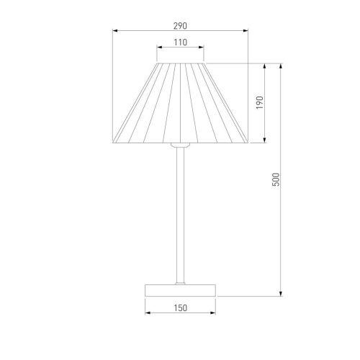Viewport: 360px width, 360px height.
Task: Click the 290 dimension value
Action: (180, 26)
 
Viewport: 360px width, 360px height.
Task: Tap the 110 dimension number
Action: (180, 42)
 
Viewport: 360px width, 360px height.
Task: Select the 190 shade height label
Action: (260, 103)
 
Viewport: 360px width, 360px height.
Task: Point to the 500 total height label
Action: (276, 179)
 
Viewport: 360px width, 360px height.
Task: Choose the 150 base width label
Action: (180, 308)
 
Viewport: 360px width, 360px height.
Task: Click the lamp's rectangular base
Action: (180, 290)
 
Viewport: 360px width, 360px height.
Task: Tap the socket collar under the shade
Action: (180, 145)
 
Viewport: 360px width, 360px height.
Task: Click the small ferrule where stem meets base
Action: (180, 284)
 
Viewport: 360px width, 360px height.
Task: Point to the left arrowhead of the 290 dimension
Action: (115, 30)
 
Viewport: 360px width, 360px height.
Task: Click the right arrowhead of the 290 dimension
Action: (246, 30)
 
